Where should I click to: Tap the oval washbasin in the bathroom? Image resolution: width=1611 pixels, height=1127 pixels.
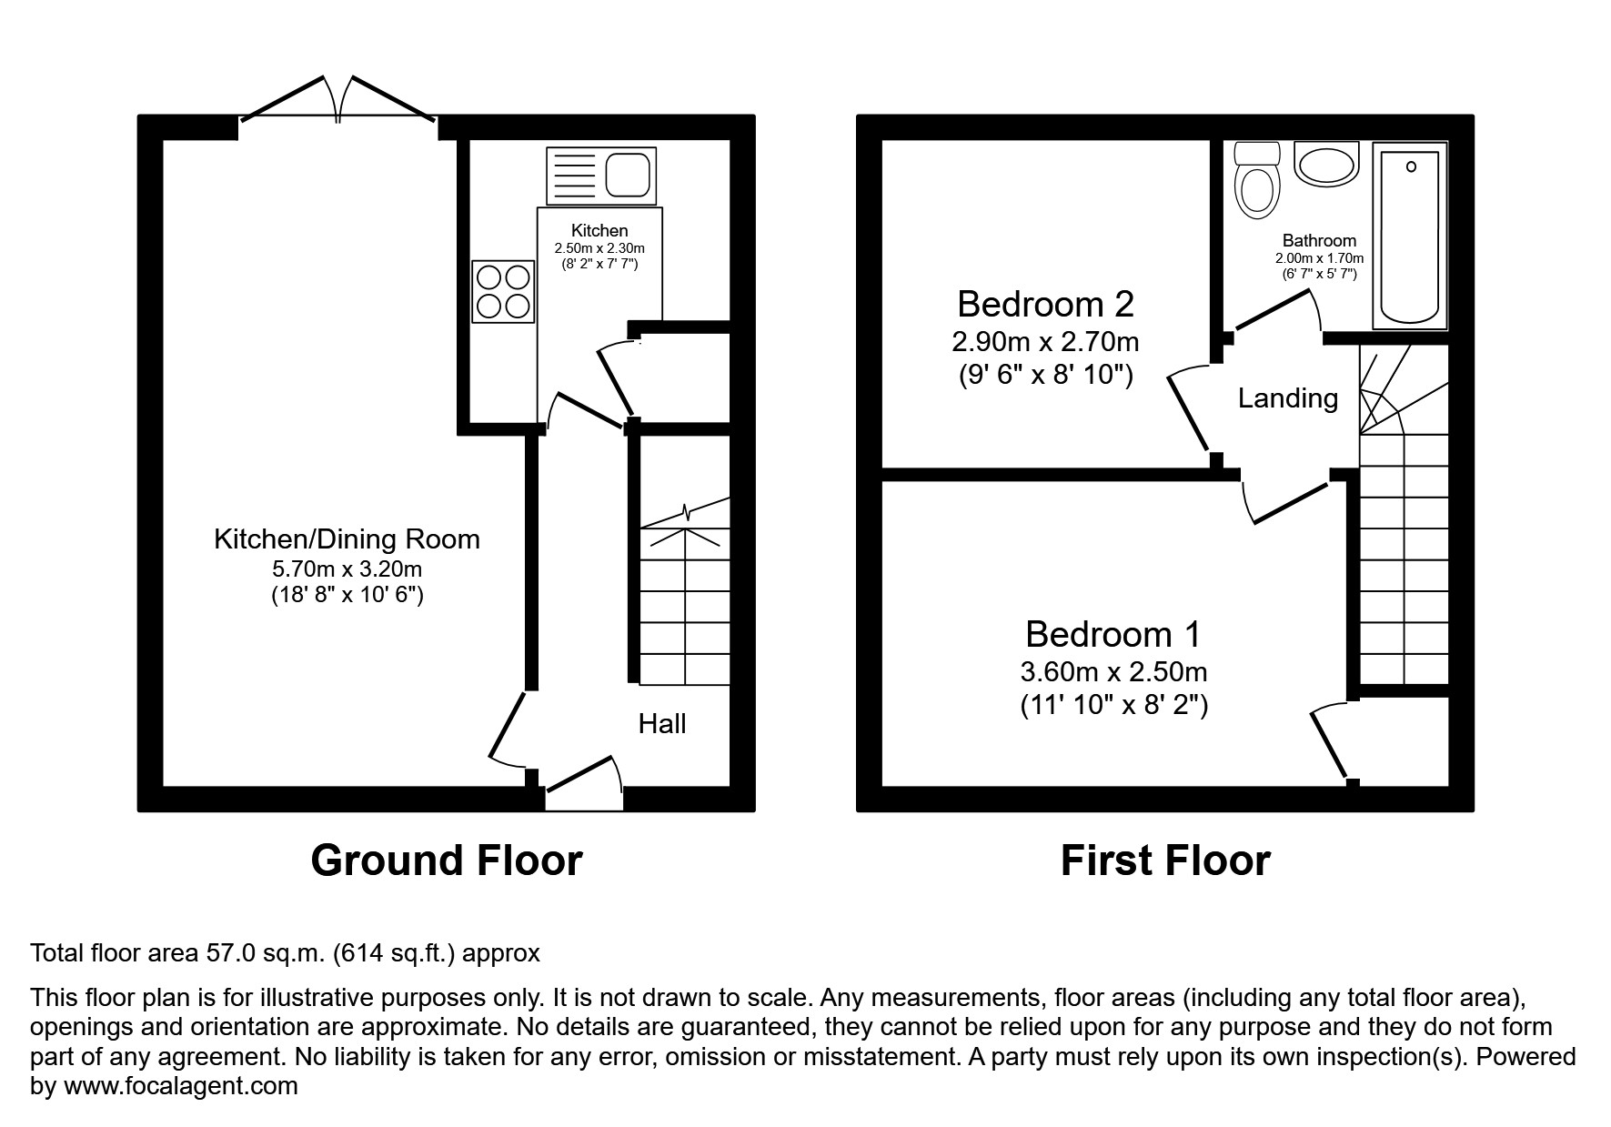coord(1325,166)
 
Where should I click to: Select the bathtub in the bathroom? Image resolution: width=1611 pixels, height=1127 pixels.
coord(1410,237)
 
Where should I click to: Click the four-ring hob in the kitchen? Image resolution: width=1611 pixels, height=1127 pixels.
coord(503,291)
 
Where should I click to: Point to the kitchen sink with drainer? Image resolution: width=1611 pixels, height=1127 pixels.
coord(600,176)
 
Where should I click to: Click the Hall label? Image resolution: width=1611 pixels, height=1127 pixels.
coord(661,724)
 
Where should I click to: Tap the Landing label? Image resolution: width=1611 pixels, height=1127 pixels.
coord(1287,398)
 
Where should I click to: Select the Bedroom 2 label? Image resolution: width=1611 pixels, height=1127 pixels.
coord(1045,304)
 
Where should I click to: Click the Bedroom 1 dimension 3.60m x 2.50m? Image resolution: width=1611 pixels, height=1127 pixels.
coord(1113,672)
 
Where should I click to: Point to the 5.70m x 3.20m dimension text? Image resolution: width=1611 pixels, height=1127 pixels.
coord(347,569)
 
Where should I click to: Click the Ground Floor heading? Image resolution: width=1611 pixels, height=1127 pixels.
coord(446,860)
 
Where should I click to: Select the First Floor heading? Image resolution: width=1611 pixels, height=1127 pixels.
coord(1164,860)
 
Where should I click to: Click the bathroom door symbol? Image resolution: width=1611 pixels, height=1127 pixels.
coord(1274,314)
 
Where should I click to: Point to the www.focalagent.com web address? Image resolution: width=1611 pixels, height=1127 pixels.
coord(180,1086)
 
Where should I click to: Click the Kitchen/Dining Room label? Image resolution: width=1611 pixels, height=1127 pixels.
coord(347,539)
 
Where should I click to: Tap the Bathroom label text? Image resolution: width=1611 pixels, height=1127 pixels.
coord(1318,241)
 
